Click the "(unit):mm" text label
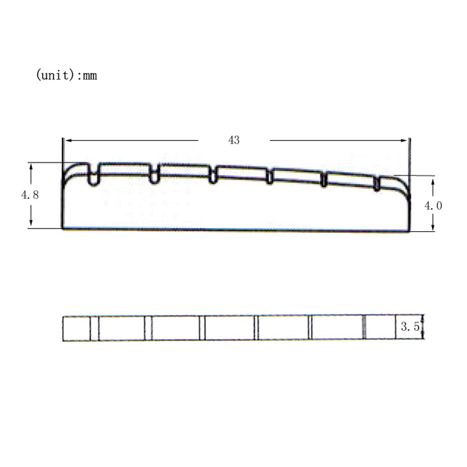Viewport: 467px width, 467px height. click(x=66, y=75)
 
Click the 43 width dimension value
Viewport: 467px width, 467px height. click(x=233, y=140)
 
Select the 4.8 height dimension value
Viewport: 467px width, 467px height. click(x=30, y=195)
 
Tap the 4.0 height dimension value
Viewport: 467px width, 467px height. click(x=433, y=206)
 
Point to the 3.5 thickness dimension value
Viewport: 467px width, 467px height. click(x=410, y=327)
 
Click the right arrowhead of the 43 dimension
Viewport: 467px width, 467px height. click(x=404, y=140)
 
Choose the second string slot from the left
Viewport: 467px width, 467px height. click(x=154, y=175)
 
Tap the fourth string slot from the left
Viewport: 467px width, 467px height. click(x=270, y=177)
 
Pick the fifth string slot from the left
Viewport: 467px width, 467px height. click(x=324, y=180)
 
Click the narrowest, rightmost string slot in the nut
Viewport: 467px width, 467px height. click(x=377, y=183)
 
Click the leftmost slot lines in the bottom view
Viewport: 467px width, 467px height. click(x=94, y=328)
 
